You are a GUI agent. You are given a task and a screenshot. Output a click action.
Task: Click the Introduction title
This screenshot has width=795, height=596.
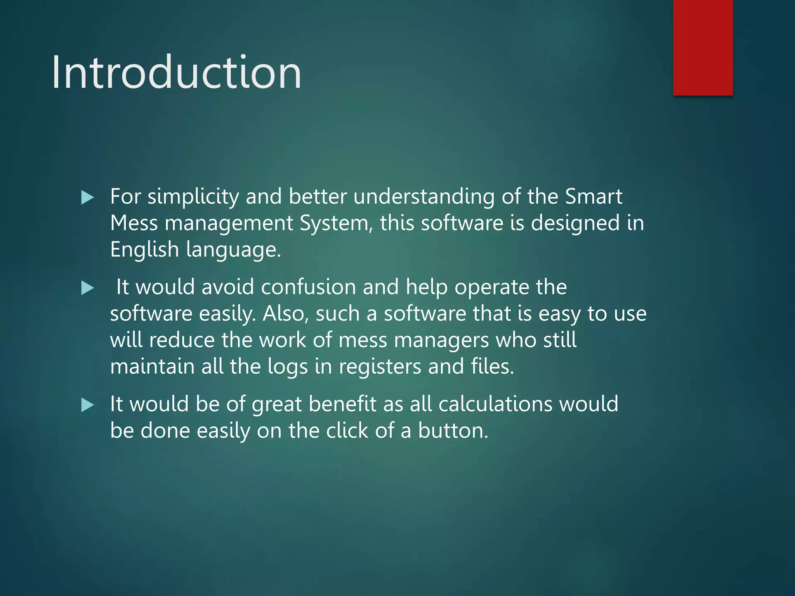[177, 73]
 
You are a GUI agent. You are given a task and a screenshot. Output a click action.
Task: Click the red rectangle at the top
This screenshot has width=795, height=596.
[703, 47]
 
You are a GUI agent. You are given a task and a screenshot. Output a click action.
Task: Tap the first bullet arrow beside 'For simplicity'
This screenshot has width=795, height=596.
[88, 198]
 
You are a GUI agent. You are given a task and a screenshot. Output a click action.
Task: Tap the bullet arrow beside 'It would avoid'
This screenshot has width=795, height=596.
[88, 288]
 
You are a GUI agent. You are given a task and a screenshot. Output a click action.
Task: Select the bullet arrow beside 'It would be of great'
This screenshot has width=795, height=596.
[88, 405]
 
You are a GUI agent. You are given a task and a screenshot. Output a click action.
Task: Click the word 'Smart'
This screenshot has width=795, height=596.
[594, 196]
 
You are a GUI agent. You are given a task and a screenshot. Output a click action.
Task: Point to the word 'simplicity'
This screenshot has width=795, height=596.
[193, 197]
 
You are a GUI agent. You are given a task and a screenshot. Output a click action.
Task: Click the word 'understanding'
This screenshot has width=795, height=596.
[424, 197]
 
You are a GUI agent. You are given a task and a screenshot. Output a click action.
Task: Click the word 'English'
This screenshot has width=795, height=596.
[144, 250]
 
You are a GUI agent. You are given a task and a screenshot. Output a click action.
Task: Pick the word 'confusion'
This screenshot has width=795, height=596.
[308, 287]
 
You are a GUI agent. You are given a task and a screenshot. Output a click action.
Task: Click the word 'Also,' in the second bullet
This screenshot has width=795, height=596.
[286, 314]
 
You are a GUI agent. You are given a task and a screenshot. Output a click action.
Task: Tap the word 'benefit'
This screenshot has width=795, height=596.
[342, 404]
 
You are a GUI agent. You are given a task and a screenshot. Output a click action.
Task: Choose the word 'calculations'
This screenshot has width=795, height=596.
[495, 404]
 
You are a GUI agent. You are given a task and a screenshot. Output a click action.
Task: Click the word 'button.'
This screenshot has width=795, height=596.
[453, 431]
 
